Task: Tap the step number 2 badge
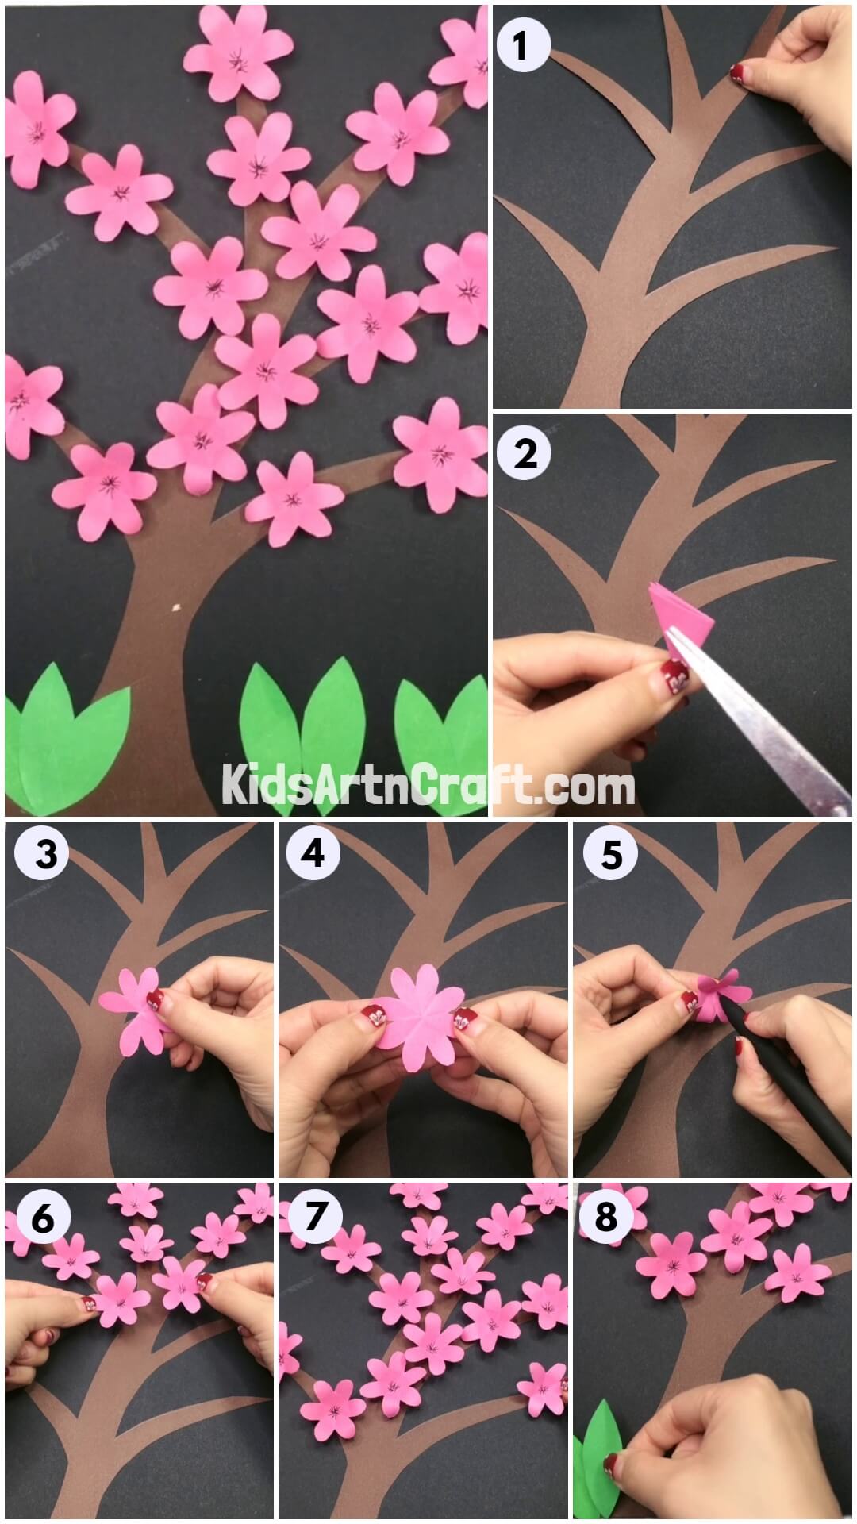(525, 453)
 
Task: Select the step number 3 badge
(46, 855)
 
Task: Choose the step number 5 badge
(611, 855)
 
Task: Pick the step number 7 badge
(315, 1217)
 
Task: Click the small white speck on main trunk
(175, 610)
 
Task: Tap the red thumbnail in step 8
(613, 1458)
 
